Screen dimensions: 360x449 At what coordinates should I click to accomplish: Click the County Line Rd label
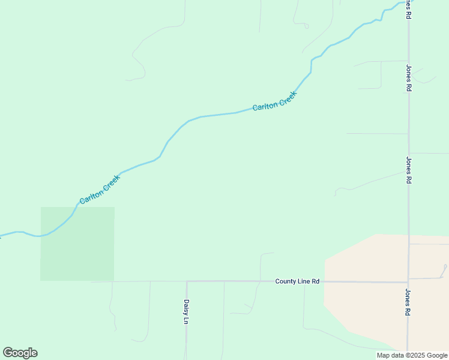(297, 281)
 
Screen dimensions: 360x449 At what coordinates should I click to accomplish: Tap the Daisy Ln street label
(186, 312)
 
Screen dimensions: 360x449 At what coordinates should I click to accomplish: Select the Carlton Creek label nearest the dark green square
(100, 190)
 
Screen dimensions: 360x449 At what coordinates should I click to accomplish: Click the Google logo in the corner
(20, 353)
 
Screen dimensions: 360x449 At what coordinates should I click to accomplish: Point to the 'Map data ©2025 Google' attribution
(412, 355)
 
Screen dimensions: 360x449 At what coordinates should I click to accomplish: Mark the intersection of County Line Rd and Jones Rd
(408, 281)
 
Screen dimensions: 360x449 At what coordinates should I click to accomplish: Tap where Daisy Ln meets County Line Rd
(187, 281)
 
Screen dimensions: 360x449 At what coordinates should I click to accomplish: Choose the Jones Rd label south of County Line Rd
(408, 302)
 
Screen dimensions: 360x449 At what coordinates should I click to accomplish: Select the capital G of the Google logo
(8, 353)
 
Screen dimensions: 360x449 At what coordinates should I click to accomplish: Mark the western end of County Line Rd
(92, 281)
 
